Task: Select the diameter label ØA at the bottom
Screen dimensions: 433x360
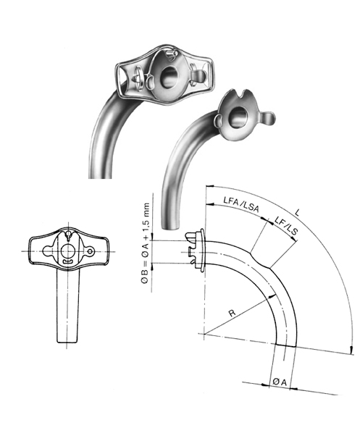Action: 279,379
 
